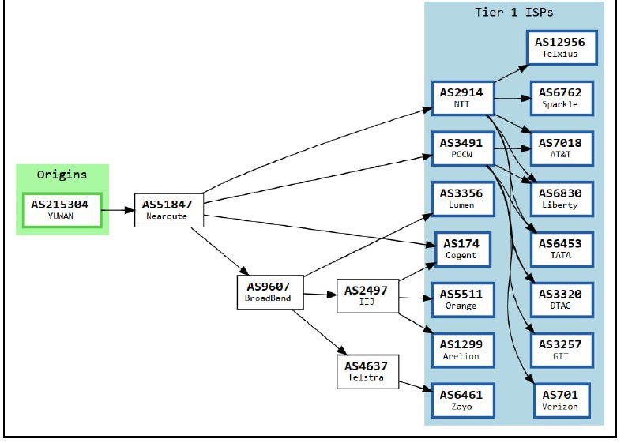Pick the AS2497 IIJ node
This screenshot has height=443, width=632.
(x=366, y=296)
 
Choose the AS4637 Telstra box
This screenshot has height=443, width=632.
(x=366, y=371)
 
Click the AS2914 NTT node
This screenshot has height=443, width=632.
(x=462, y=97)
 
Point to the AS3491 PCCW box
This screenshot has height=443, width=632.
(x=462, y=148)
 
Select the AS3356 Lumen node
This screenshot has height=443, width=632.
(x=462, y=198)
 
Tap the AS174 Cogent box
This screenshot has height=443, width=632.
(x=462, y=249)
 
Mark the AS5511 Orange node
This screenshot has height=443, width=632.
(x=462, y=299)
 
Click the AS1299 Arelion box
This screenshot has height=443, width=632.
(x=462, y=350)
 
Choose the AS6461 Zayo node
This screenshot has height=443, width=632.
(x=462, y=400)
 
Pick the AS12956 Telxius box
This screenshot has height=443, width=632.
(x=560, y=47)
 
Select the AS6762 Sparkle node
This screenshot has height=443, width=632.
(x=560, y=98)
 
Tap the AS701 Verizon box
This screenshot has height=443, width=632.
(x=560, y=400)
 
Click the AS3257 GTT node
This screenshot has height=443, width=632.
(x=560, y=350)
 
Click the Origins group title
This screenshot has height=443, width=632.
(x=62, y=175)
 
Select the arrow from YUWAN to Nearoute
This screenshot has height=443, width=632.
(x=118, y=210)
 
